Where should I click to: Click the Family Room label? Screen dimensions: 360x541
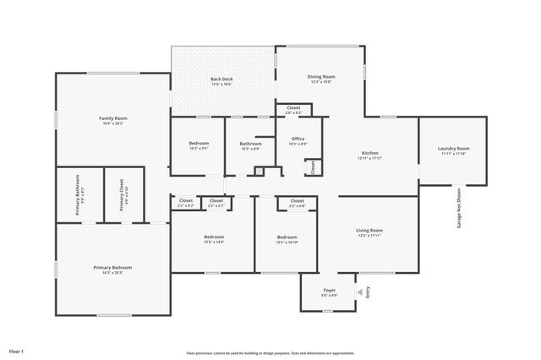point(113,118)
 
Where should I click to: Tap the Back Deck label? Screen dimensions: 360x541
point(221,80)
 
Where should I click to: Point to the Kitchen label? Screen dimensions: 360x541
point(370,154)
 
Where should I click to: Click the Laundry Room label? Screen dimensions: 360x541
point(453,150)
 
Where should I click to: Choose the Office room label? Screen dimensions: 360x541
point(298,140)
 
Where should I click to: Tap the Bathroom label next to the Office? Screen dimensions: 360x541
point(250,145)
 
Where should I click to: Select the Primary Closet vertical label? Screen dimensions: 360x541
point(122,194)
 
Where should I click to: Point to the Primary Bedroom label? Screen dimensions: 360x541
point(112,269)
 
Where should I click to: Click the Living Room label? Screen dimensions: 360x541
point(369,232)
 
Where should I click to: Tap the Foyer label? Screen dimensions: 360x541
point(330,292)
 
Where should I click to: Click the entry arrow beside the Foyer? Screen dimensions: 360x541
point(359,292)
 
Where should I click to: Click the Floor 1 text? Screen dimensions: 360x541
point(17,350)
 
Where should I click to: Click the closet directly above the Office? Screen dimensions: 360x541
point(293,109)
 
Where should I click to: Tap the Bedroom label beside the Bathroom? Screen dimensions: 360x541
point(199,145)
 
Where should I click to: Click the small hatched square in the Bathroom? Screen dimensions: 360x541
point(260,172)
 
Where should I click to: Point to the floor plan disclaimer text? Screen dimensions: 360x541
point(270,352)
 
